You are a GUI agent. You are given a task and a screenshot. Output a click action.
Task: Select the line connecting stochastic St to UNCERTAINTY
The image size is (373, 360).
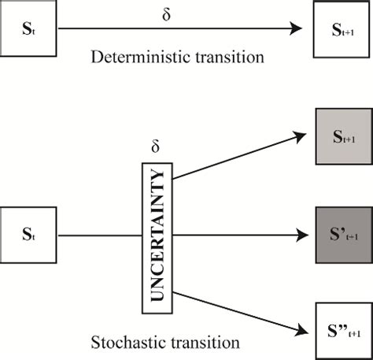tap(98, 235)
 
